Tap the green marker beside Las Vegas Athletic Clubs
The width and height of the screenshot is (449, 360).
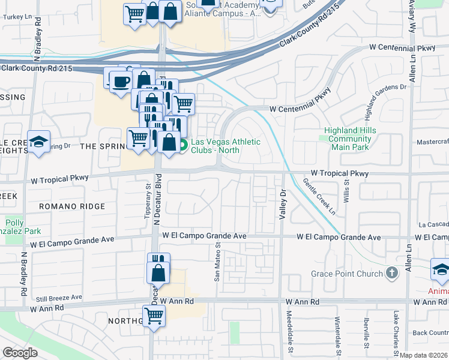click(x=184, y=145)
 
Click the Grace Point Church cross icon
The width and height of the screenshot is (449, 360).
click(x=391, y=274)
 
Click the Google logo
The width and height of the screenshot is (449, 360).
click(x=20, y=352)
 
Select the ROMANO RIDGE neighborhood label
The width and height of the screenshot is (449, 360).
click(x=72, y=206)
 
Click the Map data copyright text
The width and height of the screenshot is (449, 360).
click(x=424, y=355)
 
